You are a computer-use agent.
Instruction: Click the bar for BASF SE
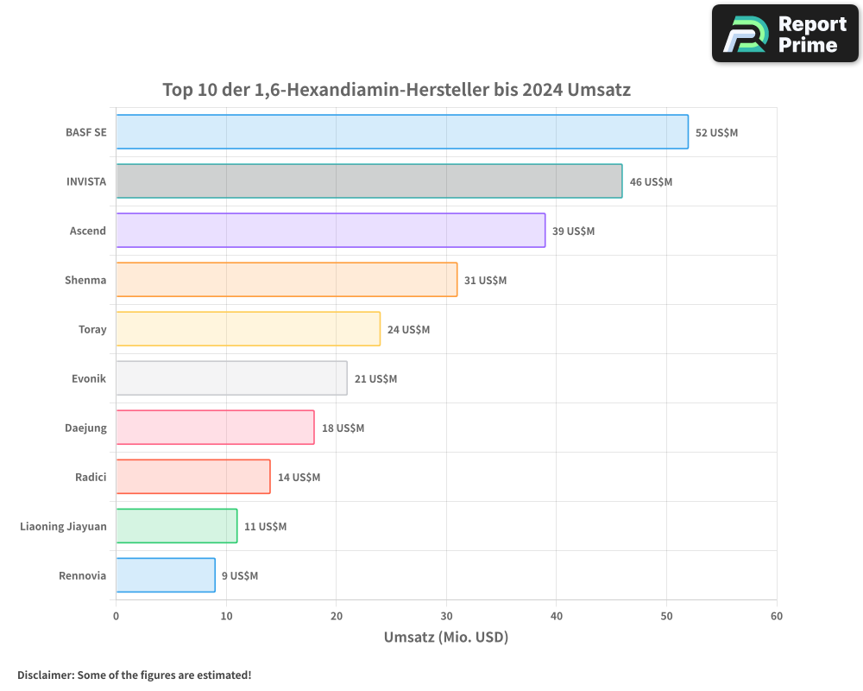(402, 132)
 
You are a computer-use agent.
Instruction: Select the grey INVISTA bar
(369, 181)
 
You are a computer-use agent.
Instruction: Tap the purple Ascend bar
(331, 231)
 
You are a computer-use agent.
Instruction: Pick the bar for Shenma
(287, 280)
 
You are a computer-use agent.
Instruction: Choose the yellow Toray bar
(248, 329)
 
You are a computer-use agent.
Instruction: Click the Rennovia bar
(166, 575)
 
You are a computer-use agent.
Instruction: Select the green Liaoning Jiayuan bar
(176, 526)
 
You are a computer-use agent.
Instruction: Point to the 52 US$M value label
(716, 133)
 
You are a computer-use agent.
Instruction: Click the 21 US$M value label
(375, 379)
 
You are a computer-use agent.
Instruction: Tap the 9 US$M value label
(239, 576)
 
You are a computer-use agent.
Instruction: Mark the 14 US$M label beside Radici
(299, 478)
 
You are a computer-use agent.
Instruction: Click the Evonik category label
(89, 378)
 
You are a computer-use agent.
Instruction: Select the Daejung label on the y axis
(85, 428)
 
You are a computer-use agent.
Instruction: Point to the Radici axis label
(91, 477)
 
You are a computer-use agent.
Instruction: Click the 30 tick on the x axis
(446, 617)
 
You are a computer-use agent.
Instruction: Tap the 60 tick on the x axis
(777, 617)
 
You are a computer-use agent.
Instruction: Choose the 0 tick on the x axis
(117, 617)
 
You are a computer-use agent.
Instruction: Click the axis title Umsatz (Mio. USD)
(445, 638)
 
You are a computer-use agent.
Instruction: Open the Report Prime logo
(784, 34)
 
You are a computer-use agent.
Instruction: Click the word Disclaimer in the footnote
(45, 675)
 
